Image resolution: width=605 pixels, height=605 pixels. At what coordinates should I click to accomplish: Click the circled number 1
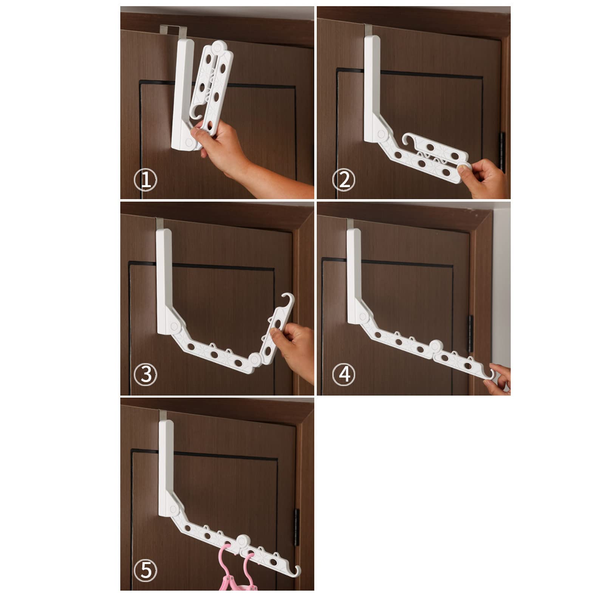tap(145, 180)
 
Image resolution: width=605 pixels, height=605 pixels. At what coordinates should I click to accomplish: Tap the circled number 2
tap(344, 180)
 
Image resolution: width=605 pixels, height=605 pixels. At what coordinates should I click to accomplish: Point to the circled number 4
tap(344, 374)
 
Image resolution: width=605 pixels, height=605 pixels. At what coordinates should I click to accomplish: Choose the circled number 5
tap(145, 570)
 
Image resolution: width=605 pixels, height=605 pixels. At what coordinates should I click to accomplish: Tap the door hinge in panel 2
tap(503, 151)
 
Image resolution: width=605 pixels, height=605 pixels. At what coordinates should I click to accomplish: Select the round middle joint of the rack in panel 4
tap(435, 346)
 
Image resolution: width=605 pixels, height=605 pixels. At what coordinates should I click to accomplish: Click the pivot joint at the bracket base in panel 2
tap(381, 134)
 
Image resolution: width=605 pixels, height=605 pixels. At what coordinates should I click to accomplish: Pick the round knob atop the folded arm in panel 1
tap(218, 48)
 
